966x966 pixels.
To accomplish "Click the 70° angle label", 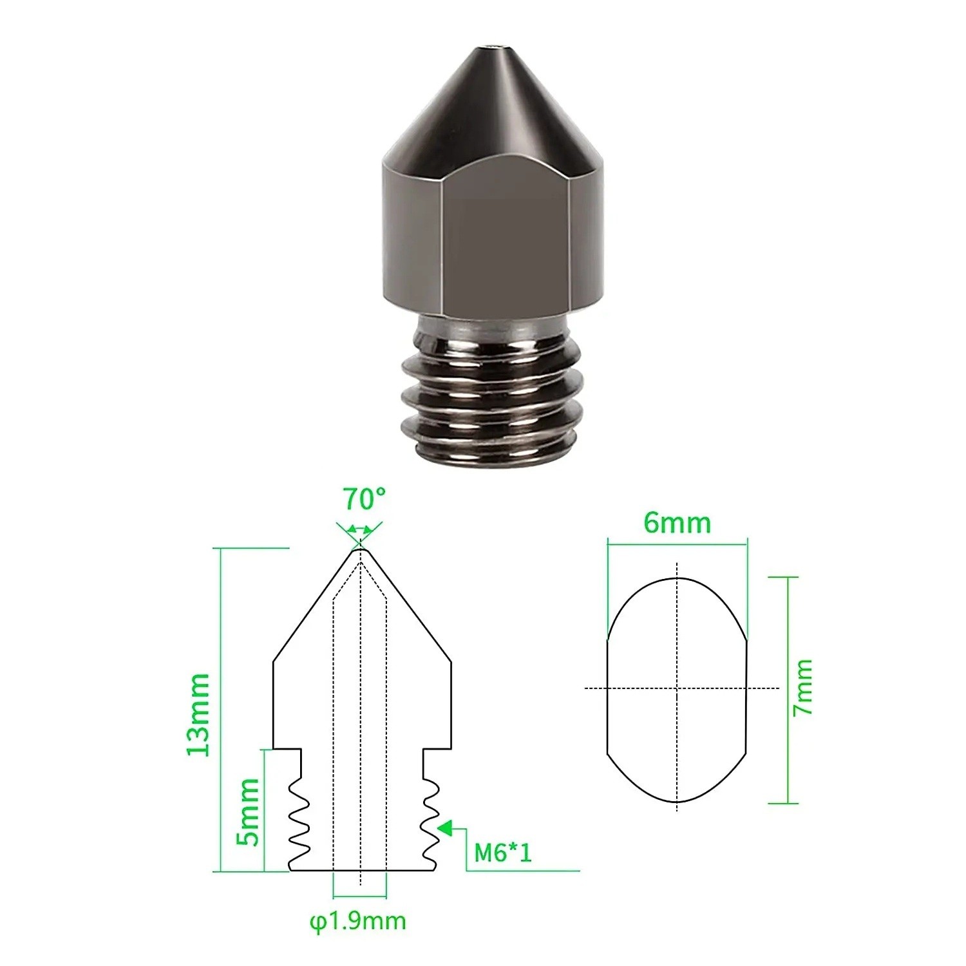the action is [x=364, y=498].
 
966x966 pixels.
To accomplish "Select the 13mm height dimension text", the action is [x=198, y=715].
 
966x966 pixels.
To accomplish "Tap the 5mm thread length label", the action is [x=248, y=812].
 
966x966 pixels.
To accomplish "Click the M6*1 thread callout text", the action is [x=503, y=853].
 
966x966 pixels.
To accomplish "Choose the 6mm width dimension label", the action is [x=677, y=523].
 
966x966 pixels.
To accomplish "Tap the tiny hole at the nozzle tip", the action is [x=493, y=46].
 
